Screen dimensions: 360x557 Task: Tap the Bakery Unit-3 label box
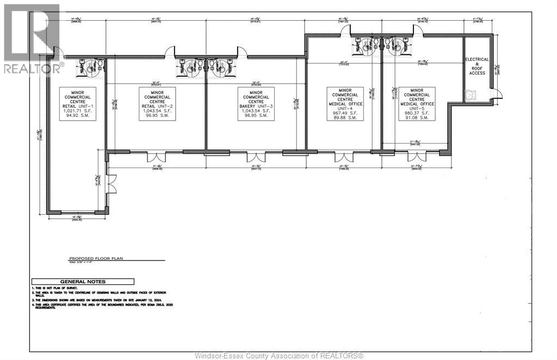(256, 103)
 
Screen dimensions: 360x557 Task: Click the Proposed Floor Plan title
(89, 260)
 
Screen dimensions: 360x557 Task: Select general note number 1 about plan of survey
(54, 287)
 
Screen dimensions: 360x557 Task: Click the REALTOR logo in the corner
(32, 38)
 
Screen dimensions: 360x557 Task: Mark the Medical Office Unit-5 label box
(417, 103)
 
